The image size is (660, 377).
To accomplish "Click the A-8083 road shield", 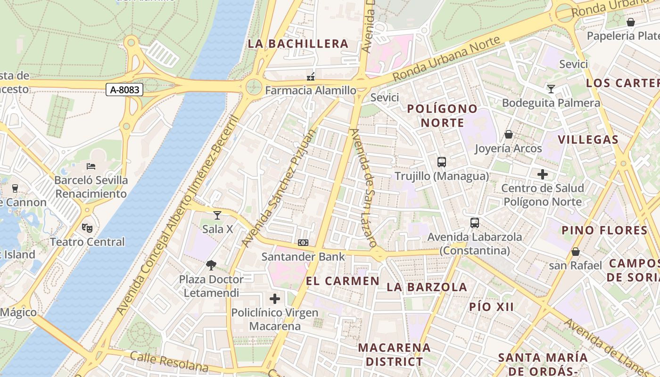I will [124, 90].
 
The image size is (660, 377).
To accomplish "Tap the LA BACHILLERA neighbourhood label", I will [298, 44].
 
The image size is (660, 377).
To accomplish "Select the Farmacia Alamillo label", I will [311, 90].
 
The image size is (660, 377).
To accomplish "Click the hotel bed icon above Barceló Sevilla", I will [91, 166].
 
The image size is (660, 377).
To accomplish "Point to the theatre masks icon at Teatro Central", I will [87, 228].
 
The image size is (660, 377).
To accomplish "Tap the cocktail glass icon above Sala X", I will [217, 215].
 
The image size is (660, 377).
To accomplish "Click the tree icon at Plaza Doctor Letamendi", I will [211, 265].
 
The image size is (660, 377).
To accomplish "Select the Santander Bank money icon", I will [303, 243].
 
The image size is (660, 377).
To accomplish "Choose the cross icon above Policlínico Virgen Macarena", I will [275, 298].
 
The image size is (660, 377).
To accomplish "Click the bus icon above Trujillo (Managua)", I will [442, 162].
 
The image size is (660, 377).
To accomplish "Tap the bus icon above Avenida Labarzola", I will [475, 223].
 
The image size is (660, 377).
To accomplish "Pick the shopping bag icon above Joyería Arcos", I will [508, 135].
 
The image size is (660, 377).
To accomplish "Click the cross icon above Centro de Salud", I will [543, 174].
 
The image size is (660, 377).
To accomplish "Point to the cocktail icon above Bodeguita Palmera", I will [551, 89].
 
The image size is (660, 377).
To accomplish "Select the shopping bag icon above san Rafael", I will [575, 252].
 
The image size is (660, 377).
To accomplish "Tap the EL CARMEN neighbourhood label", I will [343, 281].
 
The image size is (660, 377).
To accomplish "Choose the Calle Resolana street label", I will [169, 361].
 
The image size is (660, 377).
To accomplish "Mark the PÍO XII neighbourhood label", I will [491, 307].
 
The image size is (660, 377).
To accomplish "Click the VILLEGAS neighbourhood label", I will [588, 139].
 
